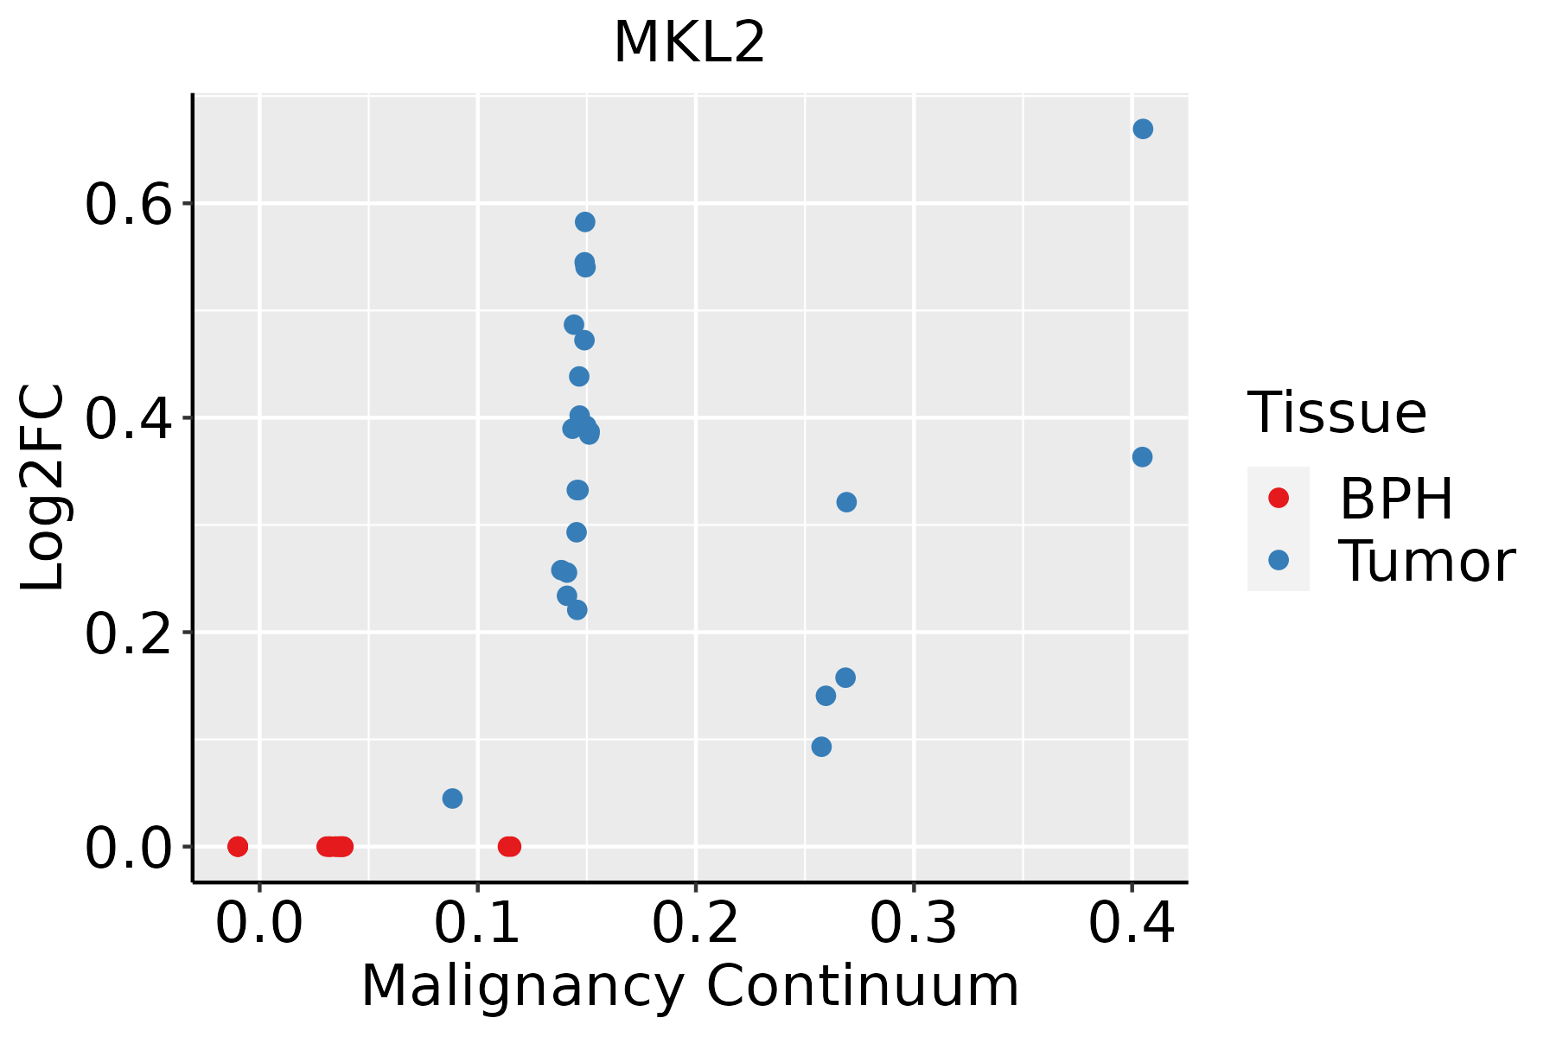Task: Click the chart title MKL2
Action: click(x=689, y=43)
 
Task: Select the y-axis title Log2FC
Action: click(x=43, y=488)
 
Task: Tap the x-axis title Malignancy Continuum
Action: click(x=689, y=987)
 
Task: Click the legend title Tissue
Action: click(x=1336, y=413)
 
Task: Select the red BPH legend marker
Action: click(x=1278, y=498)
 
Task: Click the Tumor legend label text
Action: click(x=1426, y=562)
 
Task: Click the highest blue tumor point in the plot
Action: click(x=1143, y=129)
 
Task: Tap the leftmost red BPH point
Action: click(x=238, y=846)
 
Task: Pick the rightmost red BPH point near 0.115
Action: click(x=511, y=846)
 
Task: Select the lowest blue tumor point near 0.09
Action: click(x=452, y=798)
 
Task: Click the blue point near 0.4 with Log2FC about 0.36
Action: click(x=1142, y=457)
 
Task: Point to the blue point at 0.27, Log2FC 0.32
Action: click(x=846, y=502)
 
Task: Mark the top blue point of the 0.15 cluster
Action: click(x=585, y=222)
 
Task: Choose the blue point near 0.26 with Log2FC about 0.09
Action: click(x=822, y=747)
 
